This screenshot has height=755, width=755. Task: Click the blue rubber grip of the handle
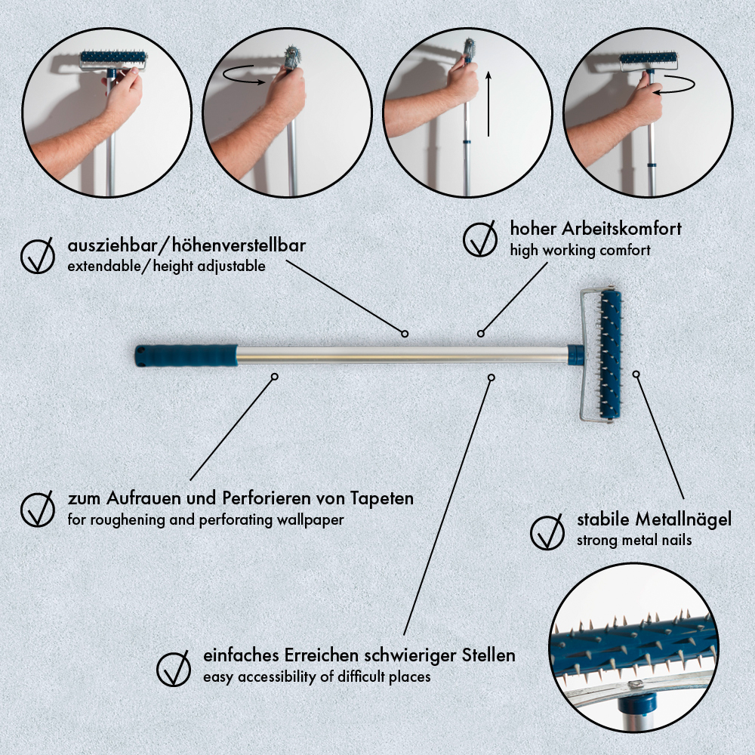click(x=186, y=356)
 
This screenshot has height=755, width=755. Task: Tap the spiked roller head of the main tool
click(x=609, y=356)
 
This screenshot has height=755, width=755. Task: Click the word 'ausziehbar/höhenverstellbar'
click(x=186, y=245)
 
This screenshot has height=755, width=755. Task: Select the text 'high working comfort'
click(x=580, y=251)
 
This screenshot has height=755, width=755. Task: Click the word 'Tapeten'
click(x=382, y=498)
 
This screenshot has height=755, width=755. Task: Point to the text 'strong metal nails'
click(x=634, y=541)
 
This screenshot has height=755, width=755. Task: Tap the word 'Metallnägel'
click(x=683, y=519)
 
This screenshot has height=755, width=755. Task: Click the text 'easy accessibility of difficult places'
click(x=317, y=677)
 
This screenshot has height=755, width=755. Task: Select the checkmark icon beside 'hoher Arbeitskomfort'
click(x=480, y=239)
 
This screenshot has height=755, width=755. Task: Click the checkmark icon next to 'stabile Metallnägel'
click(x=547, y=532)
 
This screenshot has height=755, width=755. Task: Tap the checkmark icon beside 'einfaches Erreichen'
click(x=174, y=668)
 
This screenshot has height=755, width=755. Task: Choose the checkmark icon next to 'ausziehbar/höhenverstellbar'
click(x=38, y=256)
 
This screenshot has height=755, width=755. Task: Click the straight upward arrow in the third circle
click(x=488, y=104)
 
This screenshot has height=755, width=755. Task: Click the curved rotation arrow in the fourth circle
click(x=675, y=85)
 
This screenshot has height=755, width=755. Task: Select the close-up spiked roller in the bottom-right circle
click(x=633, y=646)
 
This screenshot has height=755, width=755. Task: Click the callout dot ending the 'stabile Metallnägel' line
click(x=636, y=374)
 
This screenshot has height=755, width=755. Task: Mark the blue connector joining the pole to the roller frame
click(x=575, y=355)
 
